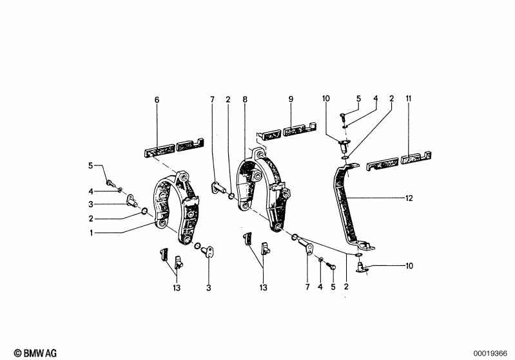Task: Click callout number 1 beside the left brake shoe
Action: pyautogui.click(x=92, y=232)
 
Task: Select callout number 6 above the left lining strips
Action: pyautogui.click(x=156, y=99)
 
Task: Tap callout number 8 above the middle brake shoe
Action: pyautogui.click(x=245, y=99)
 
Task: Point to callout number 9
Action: pyautogui.click(x=291, y=99)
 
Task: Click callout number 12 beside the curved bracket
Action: pyautogui.click(x=409, y=198)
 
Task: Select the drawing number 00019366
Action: pyautogui.click(x=493, y=352)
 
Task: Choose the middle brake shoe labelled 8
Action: pyautogui.click(x=261, y=187)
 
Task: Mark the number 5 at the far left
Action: pyautogui.click(x=92, y=166)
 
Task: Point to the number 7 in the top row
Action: pyautogui.click(x=211, y=99)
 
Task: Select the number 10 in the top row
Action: pyautogui.click(x=326, y=99)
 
